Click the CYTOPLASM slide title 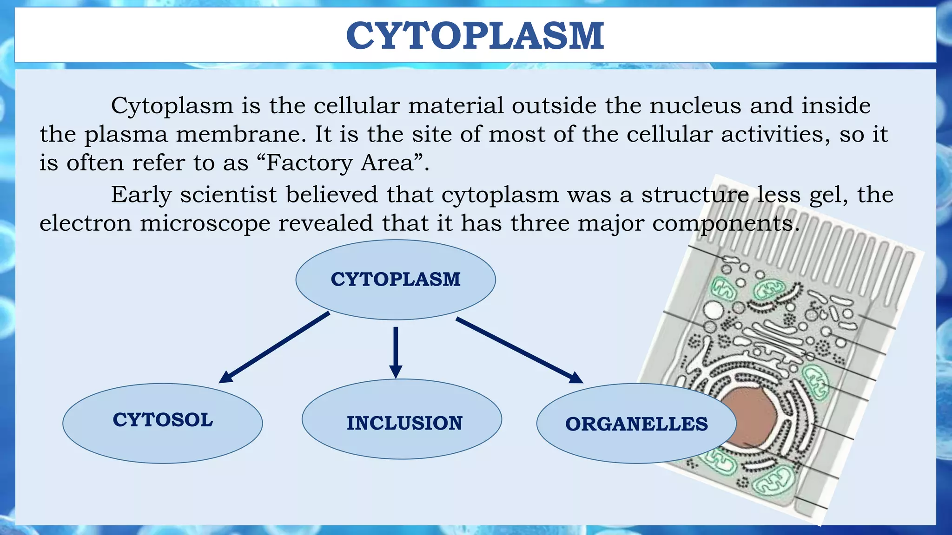pyautogui.click(x=475, y=36)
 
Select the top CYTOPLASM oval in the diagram pyautogui.click(x=396, y=280)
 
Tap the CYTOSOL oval pyautogui.click(x=163, y=423)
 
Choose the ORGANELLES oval pyautogui.click(x=636, y=424)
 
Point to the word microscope pyautogui.click(x=205, y=223)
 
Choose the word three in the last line pyautogui.click(x=540, y=223)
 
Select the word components pyautogui.click(x=725, y=224)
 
